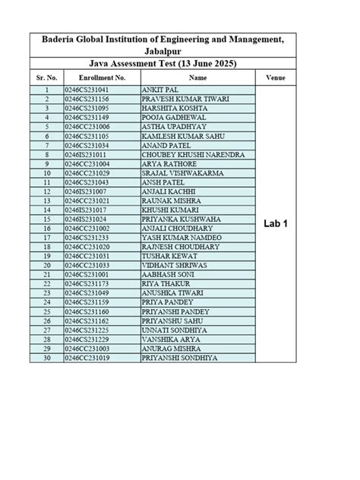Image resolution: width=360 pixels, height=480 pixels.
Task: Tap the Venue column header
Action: (x=275, y=78)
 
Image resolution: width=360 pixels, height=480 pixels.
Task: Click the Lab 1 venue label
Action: (x=275, y=225)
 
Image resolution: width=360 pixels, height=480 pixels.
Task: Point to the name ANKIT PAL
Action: (x=162, y=90)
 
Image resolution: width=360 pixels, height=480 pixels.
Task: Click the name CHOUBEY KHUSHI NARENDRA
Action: (x=194, y=154)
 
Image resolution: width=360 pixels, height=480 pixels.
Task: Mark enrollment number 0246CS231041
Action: (x=87, y=90)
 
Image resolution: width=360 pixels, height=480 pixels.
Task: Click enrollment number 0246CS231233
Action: (x=87, y=237)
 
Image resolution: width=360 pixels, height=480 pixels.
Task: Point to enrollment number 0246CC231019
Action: (x=87, y=357)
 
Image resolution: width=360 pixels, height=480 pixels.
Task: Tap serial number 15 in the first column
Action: (x=46, y=219)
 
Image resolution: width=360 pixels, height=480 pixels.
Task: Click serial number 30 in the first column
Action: (x=46, y=357)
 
